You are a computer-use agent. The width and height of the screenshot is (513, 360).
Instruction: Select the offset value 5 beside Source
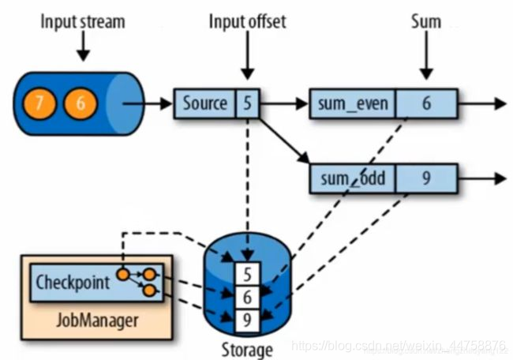click(247, 103)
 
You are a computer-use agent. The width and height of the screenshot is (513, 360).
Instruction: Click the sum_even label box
click(354, 103)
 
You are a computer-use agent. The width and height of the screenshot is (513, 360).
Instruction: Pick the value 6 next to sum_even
click(426, 103)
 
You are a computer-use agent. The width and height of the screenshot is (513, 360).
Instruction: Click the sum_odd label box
click(353, 178)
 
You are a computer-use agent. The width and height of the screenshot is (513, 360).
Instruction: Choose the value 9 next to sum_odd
click(426, 178)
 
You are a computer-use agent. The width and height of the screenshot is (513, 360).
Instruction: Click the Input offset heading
click(247, 21)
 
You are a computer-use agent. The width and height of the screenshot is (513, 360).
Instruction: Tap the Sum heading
click(425, 21)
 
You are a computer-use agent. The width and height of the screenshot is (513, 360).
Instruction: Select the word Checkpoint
click(73, 281)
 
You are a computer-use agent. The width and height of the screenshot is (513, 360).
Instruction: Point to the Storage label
click(247, 347)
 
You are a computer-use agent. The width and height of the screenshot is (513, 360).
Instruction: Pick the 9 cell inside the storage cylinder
click(247, 321)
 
